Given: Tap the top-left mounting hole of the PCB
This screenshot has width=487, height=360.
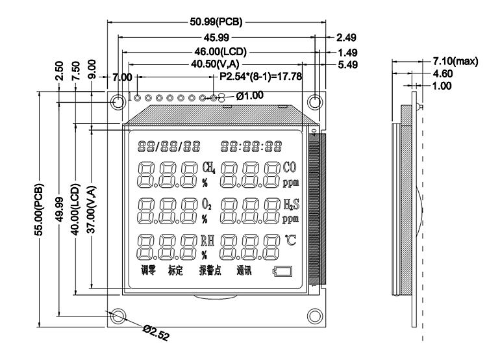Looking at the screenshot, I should [x=118, y=102].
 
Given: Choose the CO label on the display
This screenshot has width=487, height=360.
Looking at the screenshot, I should [x=291, y=167].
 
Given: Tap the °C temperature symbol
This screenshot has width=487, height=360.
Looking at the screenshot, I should [x=292, y=241].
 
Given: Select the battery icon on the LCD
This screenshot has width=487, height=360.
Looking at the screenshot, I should [x=283, y=272].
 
